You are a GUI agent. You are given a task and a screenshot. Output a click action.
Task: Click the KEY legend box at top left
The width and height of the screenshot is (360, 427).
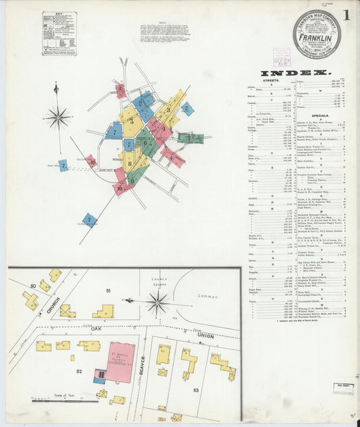click(59, 33)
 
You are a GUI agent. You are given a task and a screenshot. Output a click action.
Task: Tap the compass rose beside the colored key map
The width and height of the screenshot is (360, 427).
click(58, 118)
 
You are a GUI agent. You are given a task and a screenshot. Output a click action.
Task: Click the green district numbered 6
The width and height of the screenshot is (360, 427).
click(145, 143)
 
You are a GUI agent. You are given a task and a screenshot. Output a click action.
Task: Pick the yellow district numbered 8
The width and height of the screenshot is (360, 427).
click(131, 162)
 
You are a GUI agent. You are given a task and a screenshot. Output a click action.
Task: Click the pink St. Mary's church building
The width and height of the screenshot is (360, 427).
click(119, 361)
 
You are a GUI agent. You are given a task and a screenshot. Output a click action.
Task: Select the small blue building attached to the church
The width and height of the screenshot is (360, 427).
click(99, 376)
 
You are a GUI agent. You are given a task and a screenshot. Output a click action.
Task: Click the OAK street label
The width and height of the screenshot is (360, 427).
click(97, 329)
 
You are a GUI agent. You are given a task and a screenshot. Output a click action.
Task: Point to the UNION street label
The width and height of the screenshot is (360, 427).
click(206, 334)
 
